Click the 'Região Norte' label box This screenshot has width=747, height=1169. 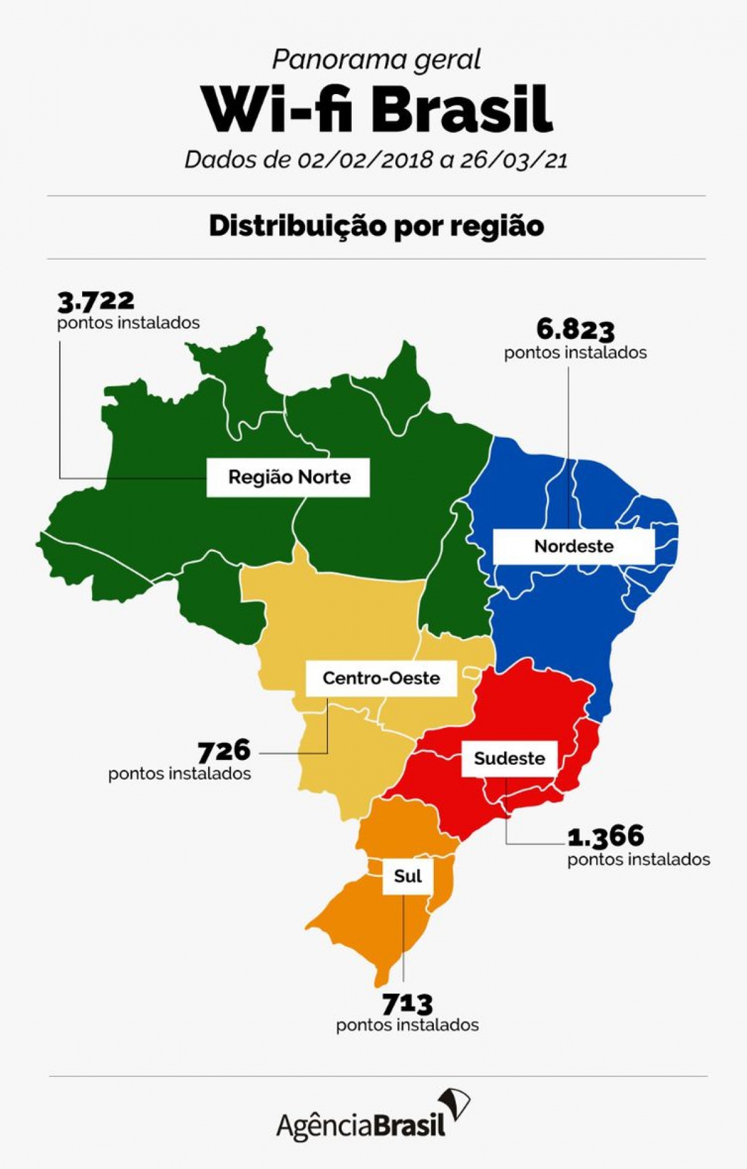(x=288, y=478)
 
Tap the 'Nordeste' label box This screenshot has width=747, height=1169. (x=573, y=547)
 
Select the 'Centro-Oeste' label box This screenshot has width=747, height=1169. (x=381, y=678)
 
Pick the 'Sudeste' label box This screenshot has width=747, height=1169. (x=509, y=759)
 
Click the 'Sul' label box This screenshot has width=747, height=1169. (x=408, y=876)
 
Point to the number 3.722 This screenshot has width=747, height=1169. (x=96, y=301)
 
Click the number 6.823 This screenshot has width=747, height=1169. (x=575, y=330)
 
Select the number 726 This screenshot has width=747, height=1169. (x=224, y=751)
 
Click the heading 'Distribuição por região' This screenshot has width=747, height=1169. (x=376, y=226)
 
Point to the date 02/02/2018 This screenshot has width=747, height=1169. (x=365, y=160)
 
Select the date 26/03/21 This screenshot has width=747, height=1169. (x=514, y=160)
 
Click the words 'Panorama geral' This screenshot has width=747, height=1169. (x=376, y=60)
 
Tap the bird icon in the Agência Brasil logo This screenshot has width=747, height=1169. (x=456, y=1106)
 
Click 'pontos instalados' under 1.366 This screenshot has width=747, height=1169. (x=639, y=859)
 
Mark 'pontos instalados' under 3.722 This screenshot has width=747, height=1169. (x=128, y=323)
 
